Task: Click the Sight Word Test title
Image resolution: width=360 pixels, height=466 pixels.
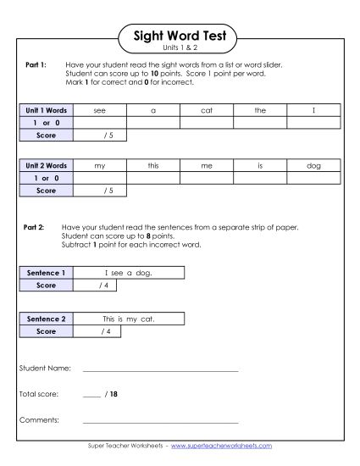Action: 180,36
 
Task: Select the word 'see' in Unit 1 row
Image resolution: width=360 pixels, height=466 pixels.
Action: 100,110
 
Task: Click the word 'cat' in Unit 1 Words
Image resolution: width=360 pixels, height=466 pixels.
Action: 206,110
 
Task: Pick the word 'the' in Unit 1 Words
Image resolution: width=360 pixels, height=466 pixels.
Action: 259,110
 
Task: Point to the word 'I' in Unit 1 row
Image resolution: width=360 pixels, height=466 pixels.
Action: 313,110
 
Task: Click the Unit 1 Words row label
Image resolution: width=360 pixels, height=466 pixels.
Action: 46,110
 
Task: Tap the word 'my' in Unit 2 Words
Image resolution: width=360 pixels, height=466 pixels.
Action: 100,167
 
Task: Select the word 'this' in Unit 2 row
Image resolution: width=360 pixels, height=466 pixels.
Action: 152,167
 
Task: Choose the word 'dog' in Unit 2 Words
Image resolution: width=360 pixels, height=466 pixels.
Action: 313,167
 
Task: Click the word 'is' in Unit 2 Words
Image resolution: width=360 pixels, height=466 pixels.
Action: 259,167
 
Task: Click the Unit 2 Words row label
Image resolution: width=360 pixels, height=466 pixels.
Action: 46,167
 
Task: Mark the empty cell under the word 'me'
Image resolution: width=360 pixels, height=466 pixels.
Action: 206,179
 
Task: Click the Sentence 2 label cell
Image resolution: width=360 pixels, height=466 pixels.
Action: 46,319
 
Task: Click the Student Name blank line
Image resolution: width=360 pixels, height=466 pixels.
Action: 160,370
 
